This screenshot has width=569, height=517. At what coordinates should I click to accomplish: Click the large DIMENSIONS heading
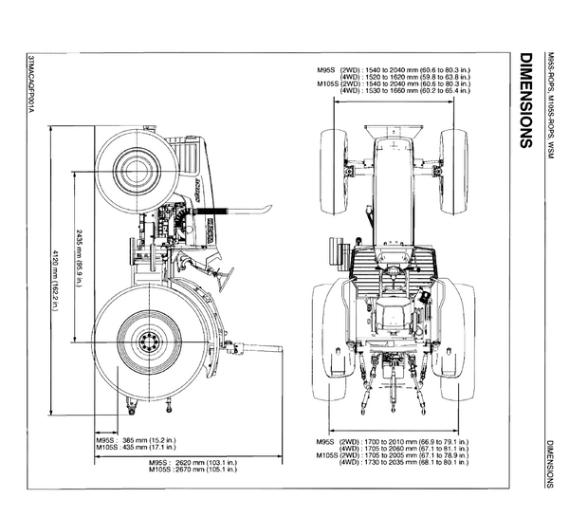click(525, 101)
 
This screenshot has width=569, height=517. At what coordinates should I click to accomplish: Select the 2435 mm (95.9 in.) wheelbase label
click(79, 257)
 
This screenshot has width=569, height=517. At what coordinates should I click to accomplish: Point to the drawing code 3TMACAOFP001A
click(31, 83)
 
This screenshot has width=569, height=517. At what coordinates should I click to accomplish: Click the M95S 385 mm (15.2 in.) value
click(136, 440)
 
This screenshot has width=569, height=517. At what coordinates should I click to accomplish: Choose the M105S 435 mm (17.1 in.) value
click(136, 448)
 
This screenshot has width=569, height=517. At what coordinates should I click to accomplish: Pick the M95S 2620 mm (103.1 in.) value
click(193, 463)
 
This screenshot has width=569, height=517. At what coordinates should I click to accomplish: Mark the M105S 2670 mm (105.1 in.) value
click(193, 470)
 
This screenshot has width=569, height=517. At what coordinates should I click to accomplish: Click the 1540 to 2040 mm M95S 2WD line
click(394, 69)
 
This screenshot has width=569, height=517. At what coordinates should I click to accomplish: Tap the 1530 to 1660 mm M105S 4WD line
click(405, 90)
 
